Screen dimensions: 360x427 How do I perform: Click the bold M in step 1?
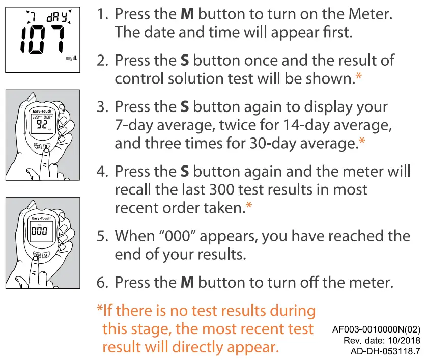tap(187, 14)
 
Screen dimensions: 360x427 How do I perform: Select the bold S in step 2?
tap(185, 61)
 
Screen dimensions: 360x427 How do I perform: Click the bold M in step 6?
tap(187, 282)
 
